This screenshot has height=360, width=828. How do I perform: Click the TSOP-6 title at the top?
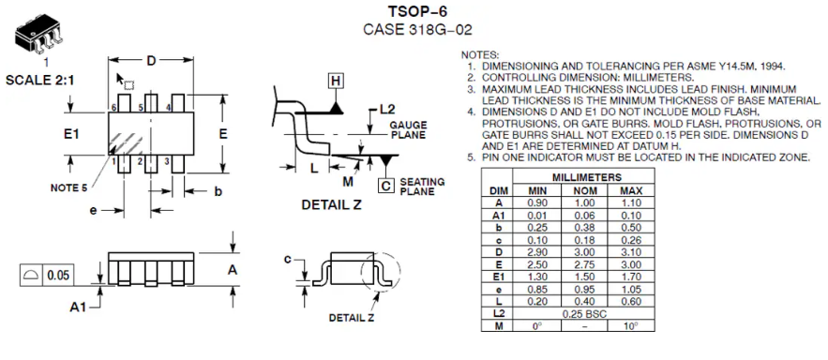(417, 11)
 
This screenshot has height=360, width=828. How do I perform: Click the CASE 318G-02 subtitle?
(417, 29)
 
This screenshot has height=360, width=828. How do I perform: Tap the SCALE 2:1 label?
(40, 81)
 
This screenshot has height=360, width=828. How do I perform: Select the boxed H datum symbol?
(336, 81)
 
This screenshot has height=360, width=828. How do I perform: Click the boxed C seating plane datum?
(386, 186)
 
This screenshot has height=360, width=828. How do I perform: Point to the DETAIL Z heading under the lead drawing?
(331, 204)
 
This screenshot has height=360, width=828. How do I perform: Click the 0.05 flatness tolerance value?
(58, 275)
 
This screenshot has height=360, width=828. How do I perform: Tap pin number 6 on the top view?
(113, 108)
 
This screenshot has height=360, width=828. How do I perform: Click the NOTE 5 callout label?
(68, 187)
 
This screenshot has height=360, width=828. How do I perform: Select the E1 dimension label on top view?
(71, 134)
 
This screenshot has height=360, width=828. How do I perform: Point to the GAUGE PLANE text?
(408, 130)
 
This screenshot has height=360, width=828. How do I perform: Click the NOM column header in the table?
(584, 190)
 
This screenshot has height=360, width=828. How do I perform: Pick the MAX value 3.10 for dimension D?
(631, 252)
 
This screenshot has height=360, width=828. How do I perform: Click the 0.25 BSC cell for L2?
(584, 313)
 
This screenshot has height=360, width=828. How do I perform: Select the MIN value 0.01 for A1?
(537, 216)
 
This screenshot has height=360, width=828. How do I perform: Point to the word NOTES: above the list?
(479, 55)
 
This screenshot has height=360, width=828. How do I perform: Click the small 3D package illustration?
(39, 34)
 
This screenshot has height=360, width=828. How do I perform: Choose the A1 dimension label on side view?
(78, 307)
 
